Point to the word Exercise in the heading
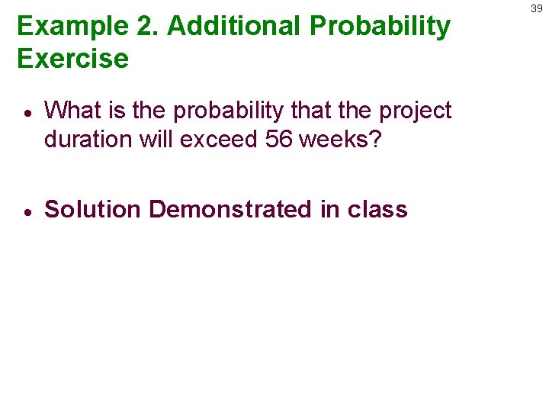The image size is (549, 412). click(73, 59)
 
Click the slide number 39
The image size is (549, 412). click(536, 8)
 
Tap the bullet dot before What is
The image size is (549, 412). click(27, 112)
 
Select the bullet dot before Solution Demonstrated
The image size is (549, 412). click(27, 211)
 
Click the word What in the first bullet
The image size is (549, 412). click(72, 111)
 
